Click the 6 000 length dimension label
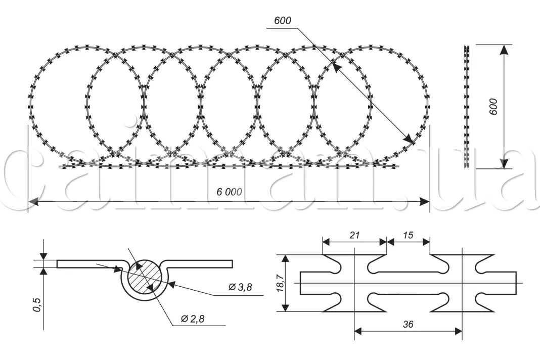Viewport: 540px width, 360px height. [x=229, y=192]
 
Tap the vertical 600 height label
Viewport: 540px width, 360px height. [x=493, y=107]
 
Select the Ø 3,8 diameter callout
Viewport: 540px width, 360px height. [x=240, y=287]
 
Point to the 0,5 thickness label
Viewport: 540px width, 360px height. [x=36, y=306]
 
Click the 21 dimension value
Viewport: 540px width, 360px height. [x=354, y=235]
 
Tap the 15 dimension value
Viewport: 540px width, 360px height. [x=408, y=235]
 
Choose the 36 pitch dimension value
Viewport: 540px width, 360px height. [x=409, y=324]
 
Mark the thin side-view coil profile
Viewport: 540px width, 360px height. [x=467, y=107]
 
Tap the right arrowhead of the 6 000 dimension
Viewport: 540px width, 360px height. [x=426, y=201]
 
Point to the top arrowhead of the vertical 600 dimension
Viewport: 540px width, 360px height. [x=504, y=49]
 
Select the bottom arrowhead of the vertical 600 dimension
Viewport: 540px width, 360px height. [x=504, y=164]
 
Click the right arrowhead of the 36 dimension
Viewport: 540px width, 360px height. [x=459, y=331]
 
